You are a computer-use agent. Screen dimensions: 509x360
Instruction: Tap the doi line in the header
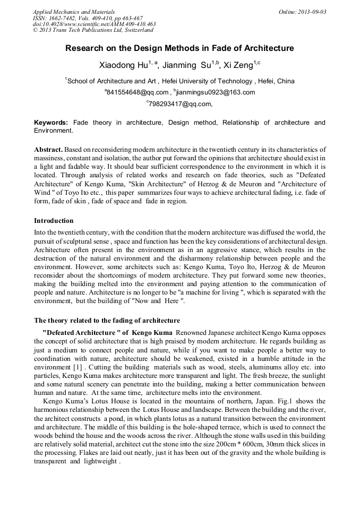pos(94,24)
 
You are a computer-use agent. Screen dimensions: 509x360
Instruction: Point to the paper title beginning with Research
pos(179,48)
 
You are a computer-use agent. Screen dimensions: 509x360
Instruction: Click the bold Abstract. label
pos(48,150)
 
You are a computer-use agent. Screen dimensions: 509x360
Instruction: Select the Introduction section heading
pos(54,220)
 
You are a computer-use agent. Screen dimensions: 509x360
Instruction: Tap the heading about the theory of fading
pos(107,321)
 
